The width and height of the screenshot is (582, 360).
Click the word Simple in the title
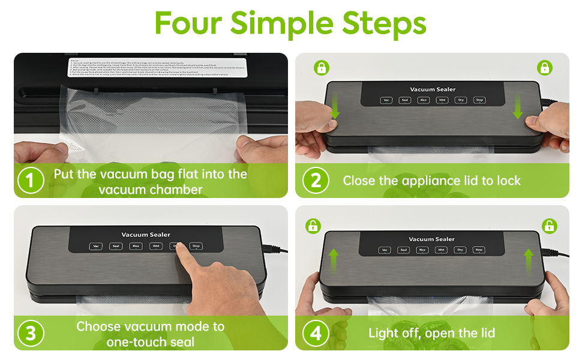pyautogui.click(x=281, y=24)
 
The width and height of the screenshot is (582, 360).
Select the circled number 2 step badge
pyautogui.click(x=316, y=181)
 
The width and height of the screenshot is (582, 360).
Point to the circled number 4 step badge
pyautogui.click(x=316, y=333)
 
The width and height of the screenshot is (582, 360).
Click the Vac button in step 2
pyautogui.click(x=386, y=100)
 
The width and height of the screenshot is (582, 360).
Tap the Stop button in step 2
pyautogui.click(x=479, y=100)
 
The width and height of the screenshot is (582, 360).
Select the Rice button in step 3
pyautogui.click(x=136, y=246)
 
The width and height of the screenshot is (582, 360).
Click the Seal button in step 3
pyautogui.click(x=116, y=246)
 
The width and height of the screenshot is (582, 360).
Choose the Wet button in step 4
pyautogui.click(x=441, y=250)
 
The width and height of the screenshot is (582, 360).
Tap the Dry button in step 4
pyautogui.click(x=460, y=250)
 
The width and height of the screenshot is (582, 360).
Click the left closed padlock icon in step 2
pyautogui.click(x=321, y=67)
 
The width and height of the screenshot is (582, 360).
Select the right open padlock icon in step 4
pyautogui.click(x=548, y=226)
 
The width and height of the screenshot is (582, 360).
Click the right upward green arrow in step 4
pyautogui.click(x=528, y=260)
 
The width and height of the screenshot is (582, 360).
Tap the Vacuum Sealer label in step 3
pyautogui.click(x=146, y=235)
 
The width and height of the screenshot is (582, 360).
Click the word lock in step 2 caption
pyautogui.click(x=508, y=181)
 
